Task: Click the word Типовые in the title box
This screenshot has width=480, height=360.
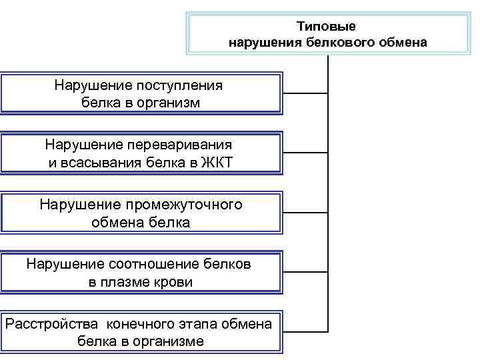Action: tap(327, 27)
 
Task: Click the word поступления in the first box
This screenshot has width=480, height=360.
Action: tap(180, 85)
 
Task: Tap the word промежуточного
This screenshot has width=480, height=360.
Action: tap(181, 204)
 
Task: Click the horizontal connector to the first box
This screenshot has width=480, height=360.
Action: tap(305, 92)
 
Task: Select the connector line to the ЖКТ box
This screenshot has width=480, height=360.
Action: tap(305, 152)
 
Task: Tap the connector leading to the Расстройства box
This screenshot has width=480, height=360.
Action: tap(305, 331)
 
